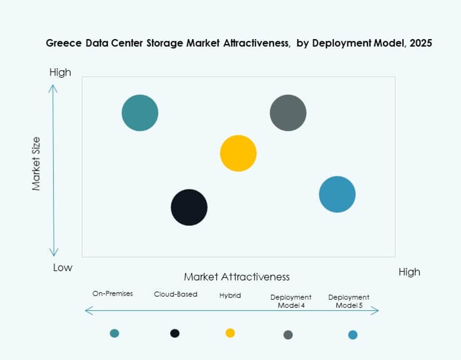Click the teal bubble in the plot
[140, 113]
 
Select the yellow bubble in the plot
[238, 153]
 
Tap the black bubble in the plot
[189, 207]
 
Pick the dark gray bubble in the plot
[288, 113]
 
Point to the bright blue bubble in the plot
[337, 194]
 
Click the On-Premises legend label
[113, 293]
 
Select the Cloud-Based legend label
[176, 294]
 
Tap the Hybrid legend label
[230, 295]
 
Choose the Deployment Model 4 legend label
[291, 301]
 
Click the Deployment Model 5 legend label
[349, 301]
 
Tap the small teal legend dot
[114, 333]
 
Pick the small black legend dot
[175, 333]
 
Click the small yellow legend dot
[230, 333]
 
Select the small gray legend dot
[288, 335]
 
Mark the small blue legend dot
[352, 335]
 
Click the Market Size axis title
[36, 164]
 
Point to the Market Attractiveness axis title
[236, 276]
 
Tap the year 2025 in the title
[421, 43]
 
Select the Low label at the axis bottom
[62, 268]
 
